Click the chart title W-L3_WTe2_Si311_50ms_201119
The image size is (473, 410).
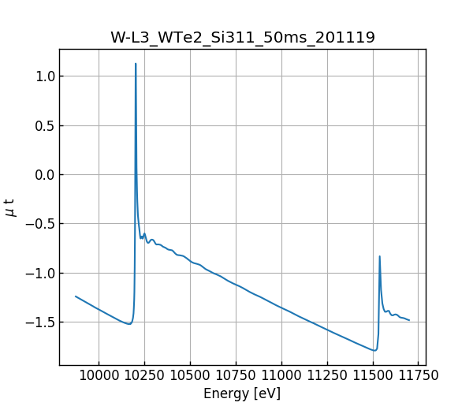(242, 37)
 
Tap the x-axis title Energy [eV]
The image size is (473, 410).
(242, 393)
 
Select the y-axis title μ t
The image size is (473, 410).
(10, 207)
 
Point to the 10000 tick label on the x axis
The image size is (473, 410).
(99, 376)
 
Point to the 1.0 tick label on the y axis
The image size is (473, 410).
(43, 76)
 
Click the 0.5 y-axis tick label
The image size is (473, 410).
(43, 125)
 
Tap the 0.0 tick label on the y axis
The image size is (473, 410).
(43, 175)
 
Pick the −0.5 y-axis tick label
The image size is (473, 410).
(40, 224)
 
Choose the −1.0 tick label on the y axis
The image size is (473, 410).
(40, 273)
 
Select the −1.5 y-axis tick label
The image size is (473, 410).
(40, 322)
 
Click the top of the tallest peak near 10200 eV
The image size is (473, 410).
(136, 64)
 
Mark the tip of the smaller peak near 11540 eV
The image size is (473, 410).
(379, 256)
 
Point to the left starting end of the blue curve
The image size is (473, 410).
(76, 296)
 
